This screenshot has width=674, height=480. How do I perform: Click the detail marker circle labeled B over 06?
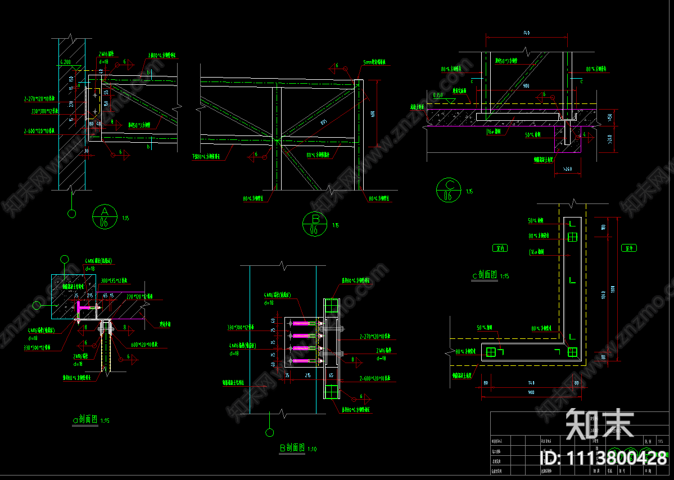click(x=314, y=224)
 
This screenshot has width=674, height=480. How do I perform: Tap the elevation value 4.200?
click(x=64, y=62)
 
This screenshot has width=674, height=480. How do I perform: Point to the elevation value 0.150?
click(x=438, y=95)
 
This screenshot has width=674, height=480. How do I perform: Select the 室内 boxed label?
click(x=499, y=247)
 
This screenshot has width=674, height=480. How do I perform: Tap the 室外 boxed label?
click(x=630, y=248)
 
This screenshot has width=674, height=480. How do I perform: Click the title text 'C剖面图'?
click(x=486, y=275)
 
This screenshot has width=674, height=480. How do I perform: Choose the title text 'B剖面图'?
click(x=293, y=448)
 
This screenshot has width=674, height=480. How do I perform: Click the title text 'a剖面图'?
click(x=86, y=419)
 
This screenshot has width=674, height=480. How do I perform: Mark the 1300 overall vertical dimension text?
click(x=613, y=288)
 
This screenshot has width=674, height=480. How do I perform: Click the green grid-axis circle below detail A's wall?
click(x=72, y=213)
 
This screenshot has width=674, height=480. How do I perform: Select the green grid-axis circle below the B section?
click(x=270, y=432)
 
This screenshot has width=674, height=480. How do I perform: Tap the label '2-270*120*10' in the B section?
click(x=374, y=337)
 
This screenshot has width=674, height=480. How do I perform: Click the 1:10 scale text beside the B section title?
click(x=312, y=449)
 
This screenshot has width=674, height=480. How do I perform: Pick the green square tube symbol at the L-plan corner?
click(x=572, y=352)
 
